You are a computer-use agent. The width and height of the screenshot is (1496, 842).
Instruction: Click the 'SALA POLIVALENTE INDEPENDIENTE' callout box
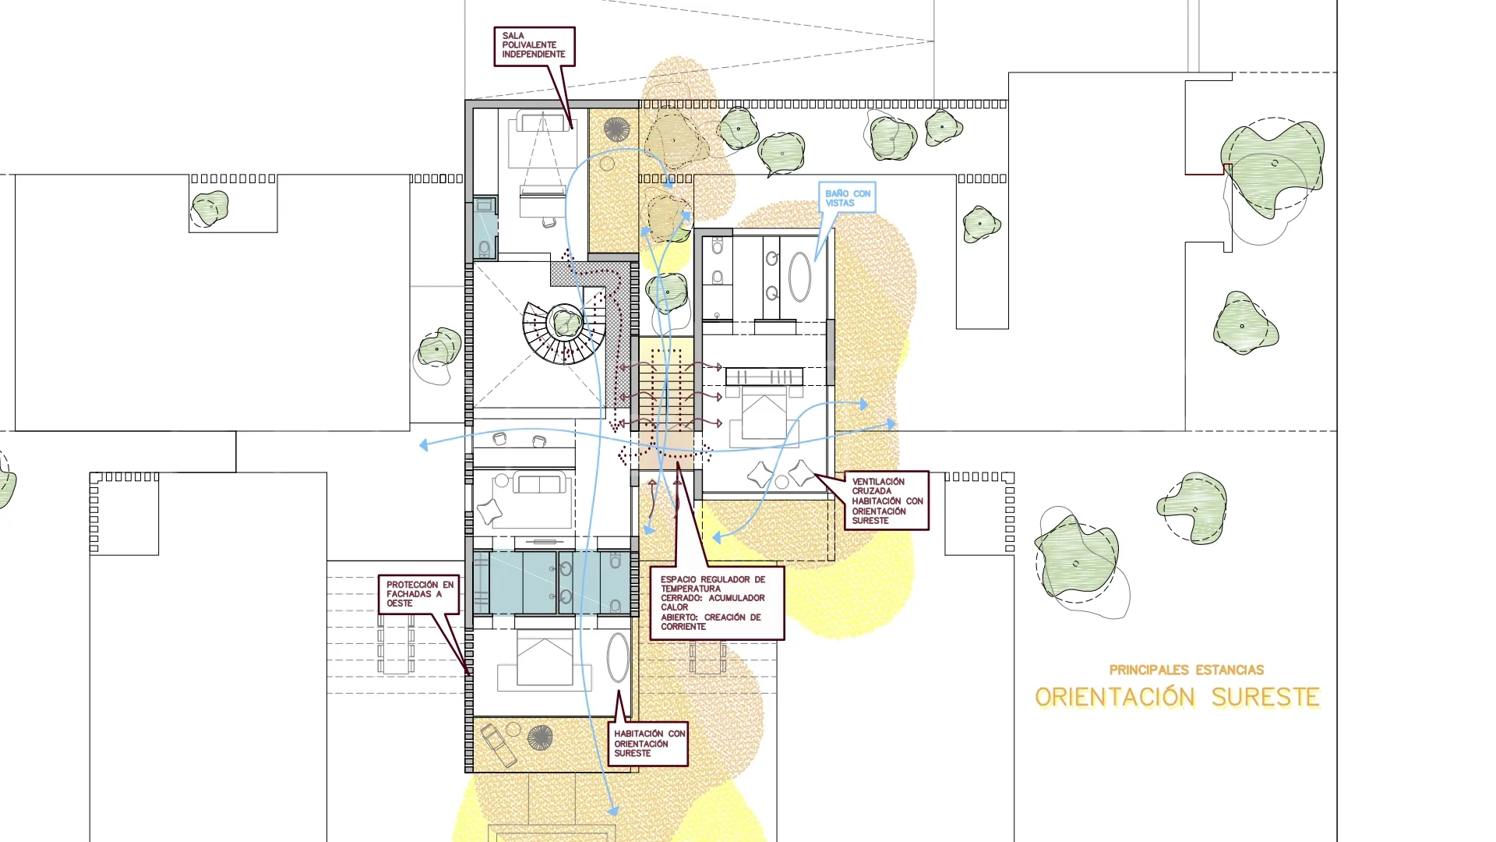(535, 46)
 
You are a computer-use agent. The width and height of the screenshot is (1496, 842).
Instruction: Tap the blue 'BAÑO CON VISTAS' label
(848, 198)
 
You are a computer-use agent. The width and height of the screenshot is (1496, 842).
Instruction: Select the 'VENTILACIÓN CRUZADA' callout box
(887, 501)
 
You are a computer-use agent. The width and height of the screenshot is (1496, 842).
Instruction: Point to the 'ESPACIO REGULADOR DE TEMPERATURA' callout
(717, 603)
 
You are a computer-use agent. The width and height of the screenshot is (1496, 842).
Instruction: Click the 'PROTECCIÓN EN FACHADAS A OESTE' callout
(419, 594)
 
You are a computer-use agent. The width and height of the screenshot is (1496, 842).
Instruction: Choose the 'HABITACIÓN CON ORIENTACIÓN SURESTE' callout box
(648, 744)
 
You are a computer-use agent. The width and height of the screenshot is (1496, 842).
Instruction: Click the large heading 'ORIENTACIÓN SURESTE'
(1177, 697)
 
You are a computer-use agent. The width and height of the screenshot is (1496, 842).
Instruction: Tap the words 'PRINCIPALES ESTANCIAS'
(1187, 670)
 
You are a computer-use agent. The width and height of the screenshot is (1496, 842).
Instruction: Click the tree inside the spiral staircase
(565, 322)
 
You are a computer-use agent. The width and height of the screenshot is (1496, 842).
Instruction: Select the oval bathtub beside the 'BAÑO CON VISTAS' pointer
(799, 277)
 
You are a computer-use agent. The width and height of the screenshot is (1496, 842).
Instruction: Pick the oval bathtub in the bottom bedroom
(618, 658)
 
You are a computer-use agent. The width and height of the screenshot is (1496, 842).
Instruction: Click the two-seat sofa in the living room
(539, 484)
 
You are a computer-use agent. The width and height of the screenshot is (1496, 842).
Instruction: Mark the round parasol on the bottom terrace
(539, 737)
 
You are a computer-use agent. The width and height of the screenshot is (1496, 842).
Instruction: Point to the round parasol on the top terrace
(616, 129)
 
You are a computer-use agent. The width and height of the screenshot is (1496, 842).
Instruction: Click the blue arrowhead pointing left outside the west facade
(424, 445)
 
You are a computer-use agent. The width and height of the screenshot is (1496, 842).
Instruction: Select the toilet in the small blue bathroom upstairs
(485, 249)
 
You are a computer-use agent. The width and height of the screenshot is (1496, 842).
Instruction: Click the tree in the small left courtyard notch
(210, 207)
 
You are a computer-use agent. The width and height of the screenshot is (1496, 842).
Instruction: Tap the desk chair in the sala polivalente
(549, 222)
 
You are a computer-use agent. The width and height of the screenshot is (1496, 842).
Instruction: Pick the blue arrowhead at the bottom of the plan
(613, 811)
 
